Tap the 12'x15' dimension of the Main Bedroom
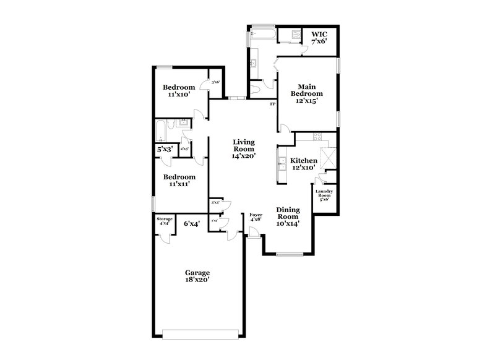pyautogui.click(x=308, y=101)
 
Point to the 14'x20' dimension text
pyautogui.click(x=244, y=156)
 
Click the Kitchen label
pyautogui.click(x=304, y=160)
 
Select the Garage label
pyautogui.click(x=197, y=272)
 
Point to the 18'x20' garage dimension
pyautogui.click(x=197, y=280)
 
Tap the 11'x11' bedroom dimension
pyautogui.click(x=176, y=184)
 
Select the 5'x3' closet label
pyautogui.click(x=165, y=149)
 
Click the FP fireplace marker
pyautogui.click(x=272, y=103)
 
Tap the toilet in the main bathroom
pyautogui.click(x=257, y=91)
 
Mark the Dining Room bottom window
pyautogui.click(x=288, y=254)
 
